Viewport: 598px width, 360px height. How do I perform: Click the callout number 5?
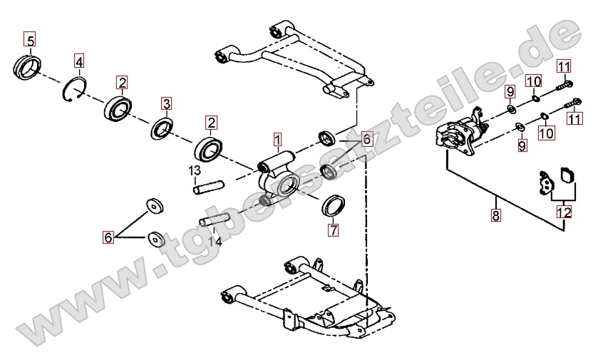tap(30, 41)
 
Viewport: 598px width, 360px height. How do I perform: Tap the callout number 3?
tap(166, 104)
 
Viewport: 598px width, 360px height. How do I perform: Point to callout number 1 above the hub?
tap(277, 138)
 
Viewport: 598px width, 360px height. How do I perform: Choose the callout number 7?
tap(332, 230)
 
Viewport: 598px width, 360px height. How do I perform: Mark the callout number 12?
tap(564, 212)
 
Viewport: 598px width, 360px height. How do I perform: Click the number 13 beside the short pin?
tap(194, 170)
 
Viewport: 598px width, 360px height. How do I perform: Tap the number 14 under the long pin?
tap(215, 241)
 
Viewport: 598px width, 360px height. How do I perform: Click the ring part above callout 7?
tap(333, 205)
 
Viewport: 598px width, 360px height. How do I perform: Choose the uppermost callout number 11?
tap(564, 68)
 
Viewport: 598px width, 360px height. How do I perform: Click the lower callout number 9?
tap(522, 145)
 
